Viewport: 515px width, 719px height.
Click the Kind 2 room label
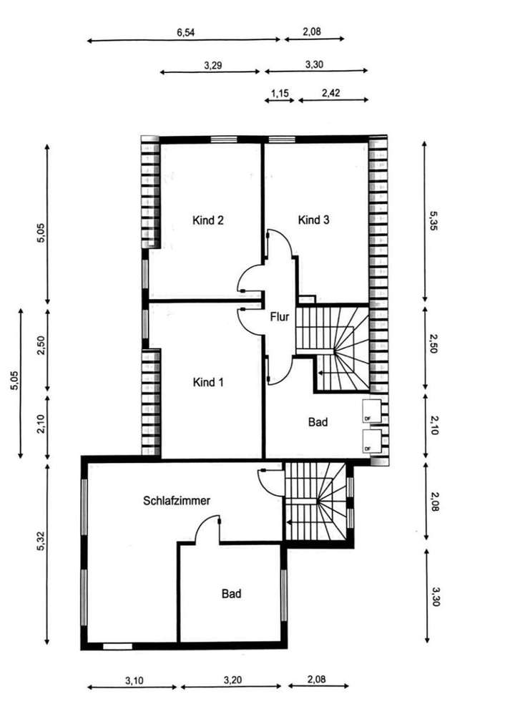click(209, 220)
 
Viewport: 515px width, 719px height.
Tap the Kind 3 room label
click(313, 220)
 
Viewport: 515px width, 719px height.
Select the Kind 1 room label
click(209, 383)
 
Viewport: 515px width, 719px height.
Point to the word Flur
click(279, 317)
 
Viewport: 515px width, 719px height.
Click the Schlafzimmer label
click(177, 502)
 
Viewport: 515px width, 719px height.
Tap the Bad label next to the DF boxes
click(318, 423)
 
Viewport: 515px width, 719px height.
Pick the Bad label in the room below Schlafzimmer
click(231, 594)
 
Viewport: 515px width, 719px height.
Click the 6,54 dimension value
click(186, 32)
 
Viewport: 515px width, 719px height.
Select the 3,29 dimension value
click(212, 64)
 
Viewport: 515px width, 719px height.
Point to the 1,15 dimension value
click(279, 93)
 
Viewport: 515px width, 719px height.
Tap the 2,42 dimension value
click(331, 93)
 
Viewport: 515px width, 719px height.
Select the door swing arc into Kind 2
click(249, 278)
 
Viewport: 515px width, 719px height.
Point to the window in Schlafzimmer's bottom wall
click(117, 645)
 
